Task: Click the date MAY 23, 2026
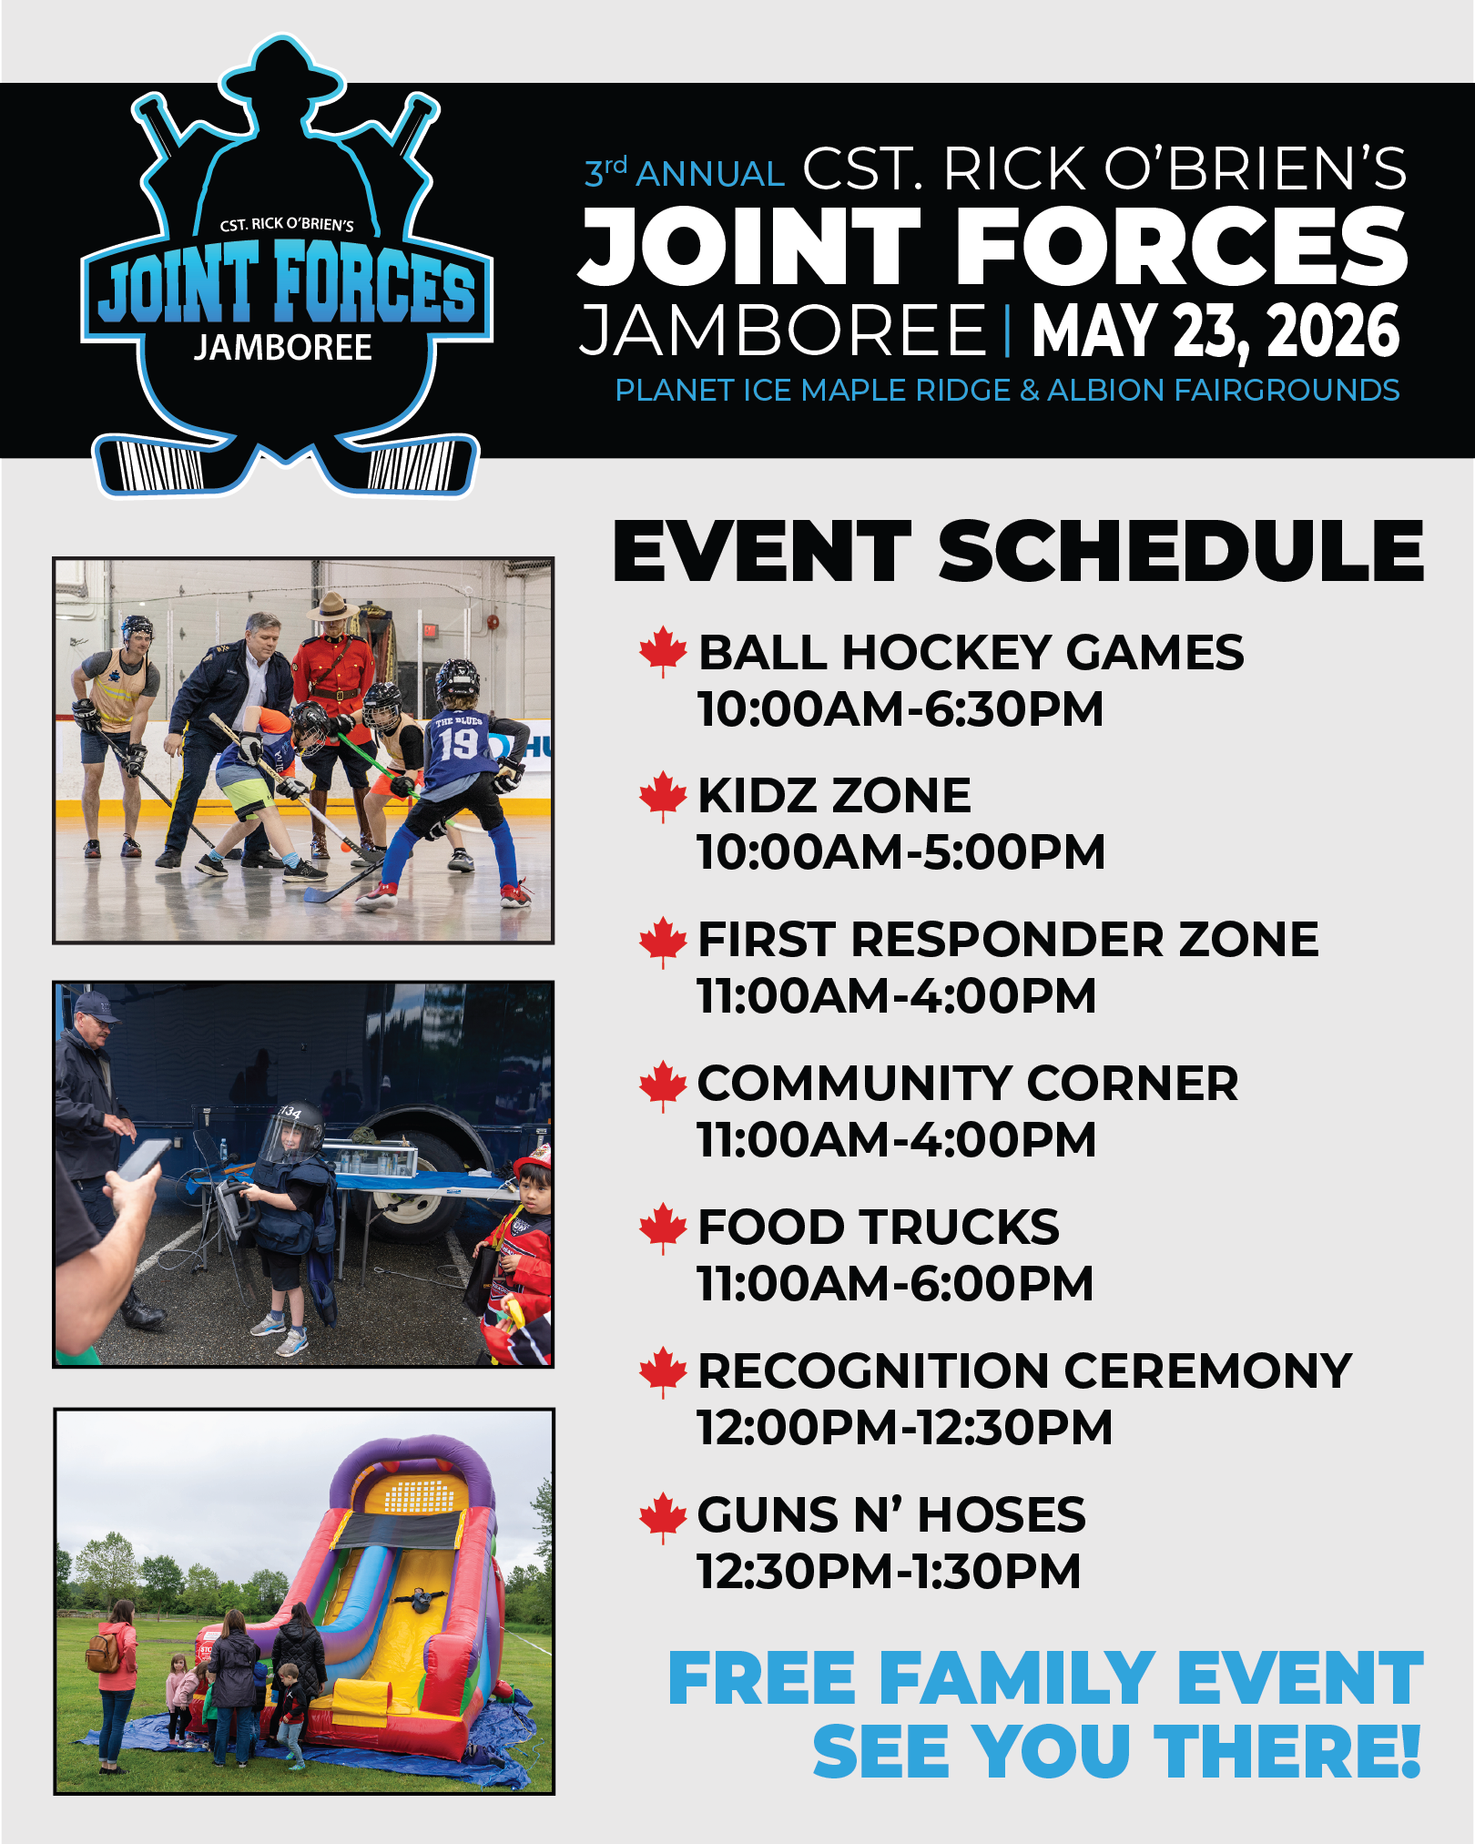(x=1216, y=331)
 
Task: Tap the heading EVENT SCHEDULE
(x=1019, y=552)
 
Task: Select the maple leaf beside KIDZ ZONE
(x=663, y=796)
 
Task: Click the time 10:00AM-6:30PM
(x=900, y=709)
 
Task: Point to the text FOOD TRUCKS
(x=879, y=1227)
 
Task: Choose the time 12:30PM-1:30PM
(x=890, y=1572)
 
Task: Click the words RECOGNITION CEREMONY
(x=1024, y=1370)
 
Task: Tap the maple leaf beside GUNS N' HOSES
(x=663, y=1517)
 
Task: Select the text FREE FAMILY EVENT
(x=1046, y=1677)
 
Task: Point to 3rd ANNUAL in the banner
(x=684, y=171)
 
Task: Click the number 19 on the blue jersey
(x=458, y=744)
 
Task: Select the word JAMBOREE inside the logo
(x=283, y=348)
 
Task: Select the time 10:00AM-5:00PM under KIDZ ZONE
(x=901, y=852)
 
